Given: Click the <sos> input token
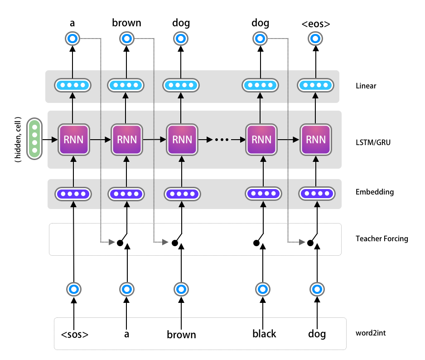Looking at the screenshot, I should pyautogui.click(x=75, y=335).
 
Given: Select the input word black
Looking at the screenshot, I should pyautogui.click(x=264, y=334).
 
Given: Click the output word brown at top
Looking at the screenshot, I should pyautogui.click(x=126, y=23).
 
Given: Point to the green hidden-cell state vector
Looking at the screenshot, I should pyautogui.click(x=34, y=139).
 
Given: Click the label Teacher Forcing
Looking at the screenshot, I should pyautogui.click(x=382, y=238).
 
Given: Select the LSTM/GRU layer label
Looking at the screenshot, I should pyautogui.click(x=373, y=142).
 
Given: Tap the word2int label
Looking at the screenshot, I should pyautogui.click(x=371, y=333).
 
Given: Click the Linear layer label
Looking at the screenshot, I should pyautogui.click(x=366, y=86).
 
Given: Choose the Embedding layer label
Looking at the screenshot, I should pyautogui.click(x=375, y=192).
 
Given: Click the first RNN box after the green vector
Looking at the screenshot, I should pyautogui.click(x=73, y=139).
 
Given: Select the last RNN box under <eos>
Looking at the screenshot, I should pyautogui.click(x=315, y=139).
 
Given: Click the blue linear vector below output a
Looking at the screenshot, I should pyautogui.click(x=73, y=85).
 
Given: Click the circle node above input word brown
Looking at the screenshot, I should pyautogui.click(x=181, y=288).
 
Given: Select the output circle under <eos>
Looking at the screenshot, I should pyautogui.click(x=315, y=39).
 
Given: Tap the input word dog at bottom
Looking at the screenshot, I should pyautogui.click(x=317, y=334).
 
